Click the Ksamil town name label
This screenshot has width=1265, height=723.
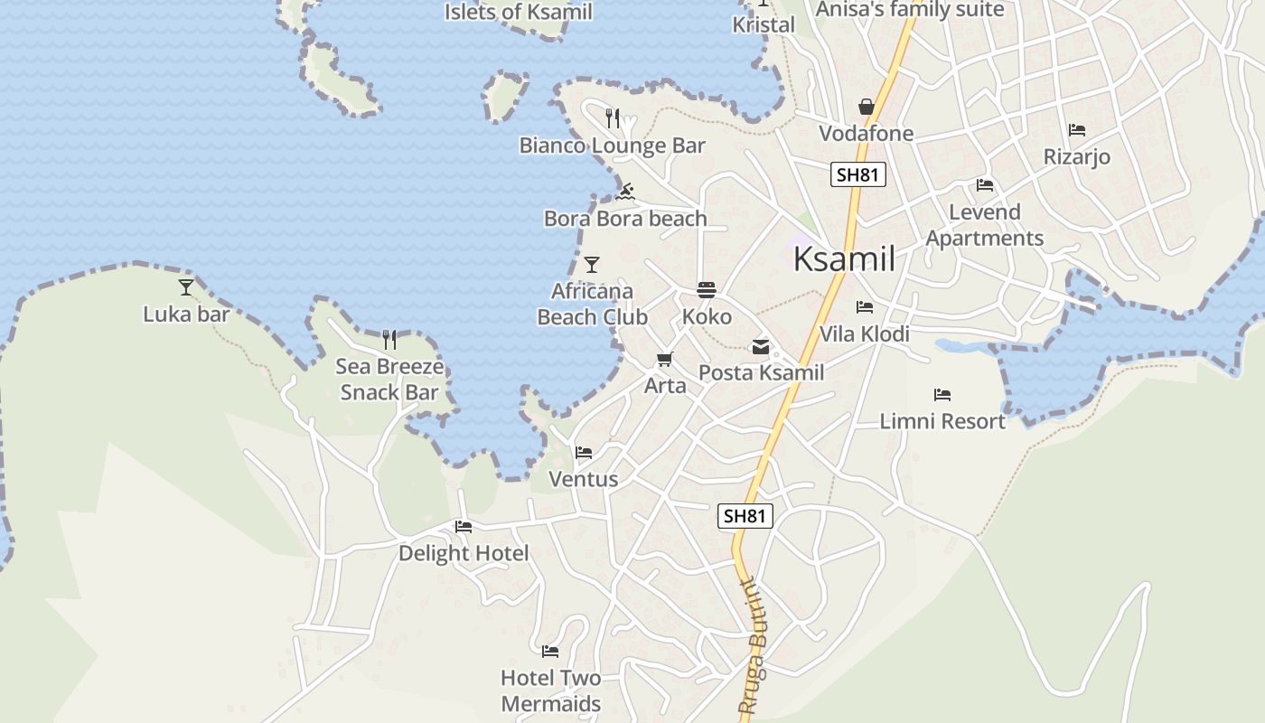click(x=844, y=259)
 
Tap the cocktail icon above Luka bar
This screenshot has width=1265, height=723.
click(x=186, y=287)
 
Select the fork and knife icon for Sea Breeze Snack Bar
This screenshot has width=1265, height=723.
click(x=389, y=340)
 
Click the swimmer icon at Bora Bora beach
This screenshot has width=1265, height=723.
click(x=625, y=192)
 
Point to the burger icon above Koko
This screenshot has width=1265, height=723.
click(x=707, y=290)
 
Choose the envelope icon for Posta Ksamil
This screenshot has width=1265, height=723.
click(x=760, y=346)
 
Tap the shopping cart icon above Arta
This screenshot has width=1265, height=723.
click(x=665, y=360)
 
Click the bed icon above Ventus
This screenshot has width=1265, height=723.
click(x=584, y=452)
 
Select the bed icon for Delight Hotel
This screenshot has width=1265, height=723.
click(x=464, y=526)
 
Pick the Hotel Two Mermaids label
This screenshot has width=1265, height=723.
click(x=550, y=691)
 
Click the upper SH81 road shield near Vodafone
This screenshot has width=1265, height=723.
click(x=857, y=174)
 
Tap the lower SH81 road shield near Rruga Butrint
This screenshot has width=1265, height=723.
click(x=745, y=516)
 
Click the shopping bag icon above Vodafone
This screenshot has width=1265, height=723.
click(x=866, y=108)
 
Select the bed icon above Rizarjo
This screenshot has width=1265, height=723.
click(x=1076, y=130)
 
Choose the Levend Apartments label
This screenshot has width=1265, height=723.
click(x=985, y=225)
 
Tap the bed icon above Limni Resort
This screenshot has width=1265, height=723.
click(x=942, y=395)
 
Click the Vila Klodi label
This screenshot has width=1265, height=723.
click(x=864, y=334)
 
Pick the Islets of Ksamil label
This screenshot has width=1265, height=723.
click(x=519, y=12)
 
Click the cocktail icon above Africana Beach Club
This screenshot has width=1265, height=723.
click(x=592, y=265)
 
